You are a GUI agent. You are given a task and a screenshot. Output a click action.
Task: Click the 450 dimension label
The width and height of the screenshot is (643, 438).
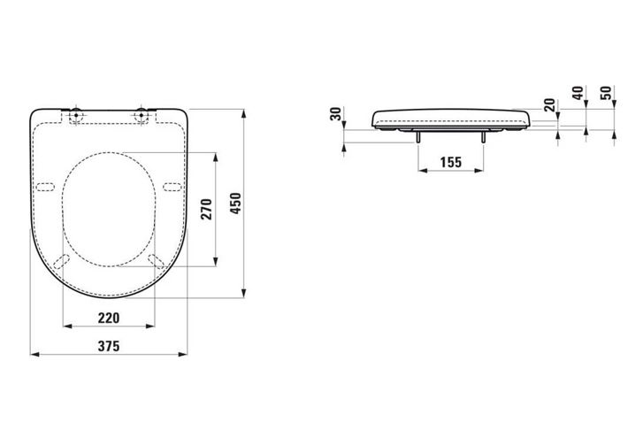[236, 203]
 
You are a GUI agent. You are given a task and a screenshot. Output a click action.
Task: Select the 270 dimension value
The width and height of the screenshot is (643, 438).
[207, 209]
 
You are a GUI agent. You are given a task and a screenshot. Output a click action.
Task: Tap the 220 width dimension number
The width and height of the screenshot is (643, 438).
[109, 318]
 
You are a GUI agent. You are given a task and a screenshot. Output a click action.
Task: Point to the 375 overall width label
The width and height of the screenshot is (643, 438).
[109, 346]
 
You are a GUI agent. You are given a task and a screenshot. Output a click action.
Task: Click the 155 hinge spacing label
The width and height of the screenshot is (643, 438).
[451, 163]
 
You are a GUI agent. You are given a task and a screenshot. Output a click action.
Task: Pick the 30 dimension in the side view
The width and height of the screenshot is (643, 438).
[336, 113]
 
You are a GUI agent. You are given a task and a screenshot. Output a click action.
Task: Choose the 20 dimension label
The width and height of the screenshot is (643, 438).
[549, 105]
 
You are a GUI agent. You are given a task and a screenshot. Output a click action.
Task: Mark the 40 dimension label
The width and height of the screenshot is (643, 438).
[578, 93]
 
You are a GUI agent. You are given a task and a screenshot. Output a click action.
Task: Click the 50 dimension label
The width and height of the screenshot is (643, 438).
[606, 93]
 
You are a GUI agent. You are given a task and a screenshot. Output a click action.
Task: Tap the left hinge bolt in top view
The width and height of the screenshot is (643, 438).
[76, 114]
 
